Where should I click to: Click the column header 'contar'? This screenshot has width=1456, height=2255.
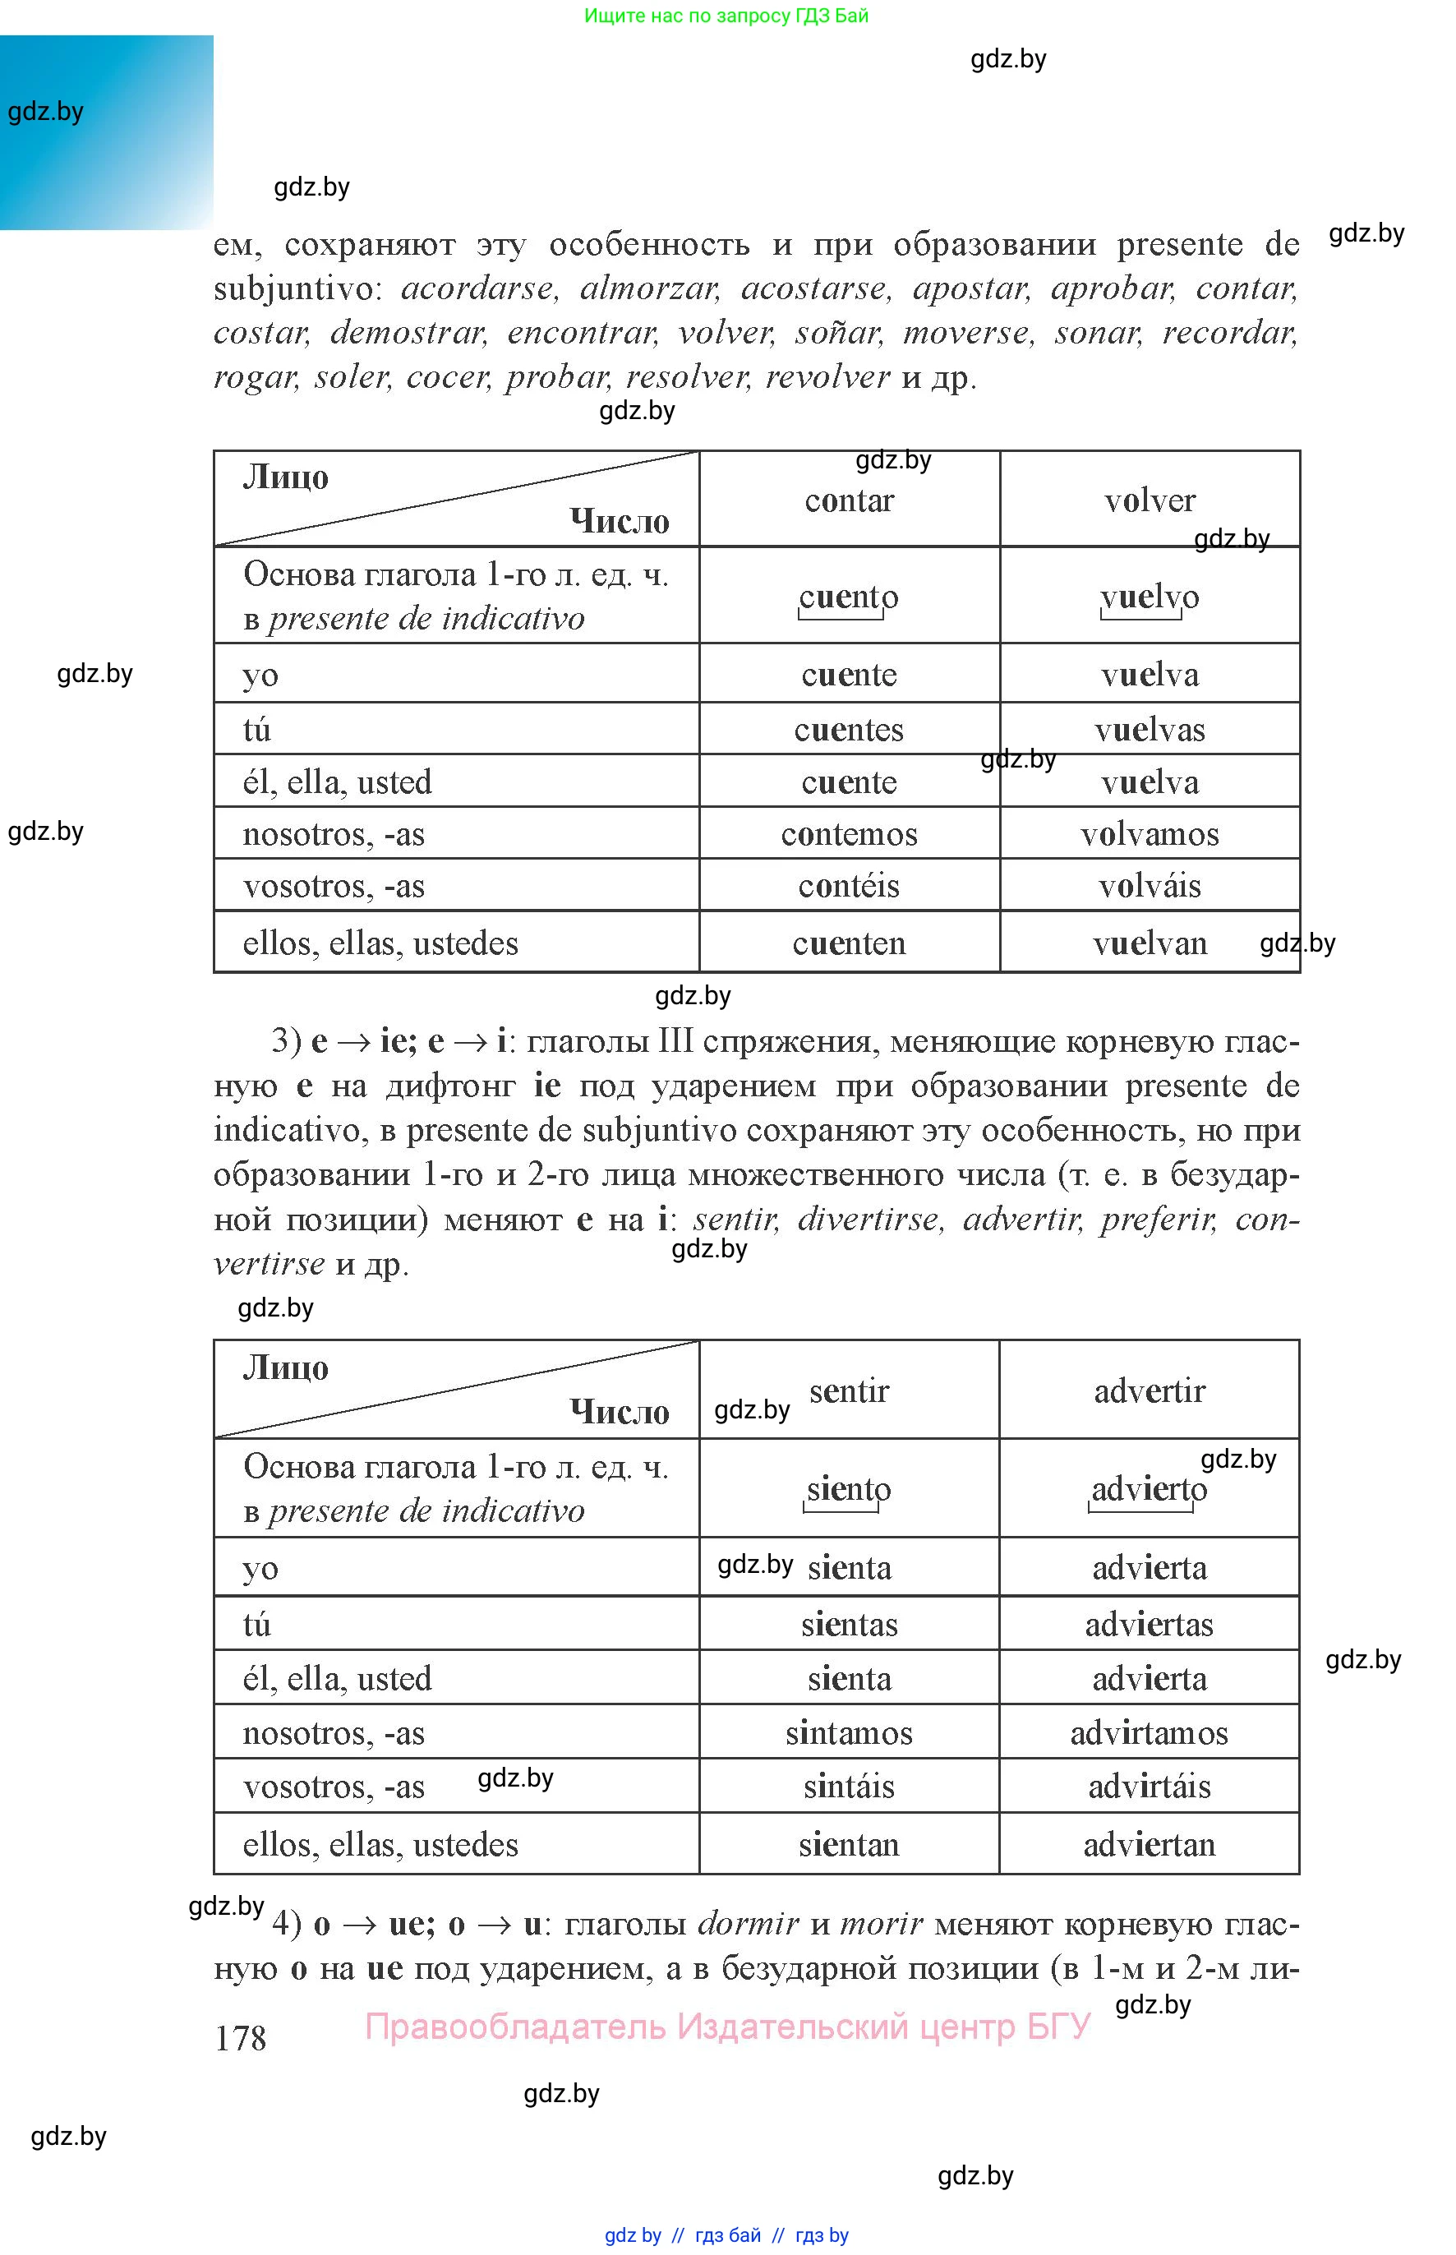[x=848, y=500]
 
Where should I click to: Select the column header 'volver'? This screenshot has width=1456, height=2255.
[x=1149, y=500]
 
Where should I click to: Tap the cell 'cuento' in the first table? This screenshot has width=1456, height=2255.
[x=848, y=597]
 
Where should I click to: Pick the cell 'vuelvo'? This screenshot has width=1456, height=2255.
[x=1149, y=597]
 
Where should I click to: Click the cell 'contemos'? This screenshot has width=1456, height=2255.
[x=848, y=834]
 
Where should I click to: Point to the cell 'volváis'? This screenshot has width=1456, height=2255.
[x=1149, y=886]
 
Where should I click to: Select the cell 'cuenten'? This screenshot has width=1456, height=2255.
[x=848, y=943]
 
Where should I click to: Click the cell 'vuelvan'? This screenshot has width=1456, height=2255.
[x=1149, y=943]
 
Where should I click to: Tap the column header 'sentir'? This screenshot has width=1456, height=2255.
[x=848, y=1390]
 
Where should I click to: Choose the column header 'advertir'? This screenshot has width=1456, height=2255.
[x=1149, y=1390]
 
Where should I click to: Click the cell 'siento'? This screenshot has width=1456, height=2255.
[x=848, y=1489]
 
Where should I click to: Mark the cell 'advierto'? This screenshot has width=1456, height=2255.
[x=1149, y=1489]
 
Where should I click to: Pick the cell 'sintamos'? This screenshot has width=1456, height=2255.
[x=848, y=1732]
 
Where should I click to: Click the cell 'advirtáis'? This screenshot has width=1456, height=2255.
[x=1149, y=1786]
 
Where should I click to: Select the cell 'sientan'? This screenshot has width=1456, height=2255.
[x=848, y=1844]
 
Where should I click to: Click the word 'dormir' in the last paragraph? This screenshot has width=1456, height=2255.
[x=748, y=1923]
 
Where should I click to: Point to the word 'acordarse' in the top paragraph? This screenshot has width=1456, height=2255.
[x=478, y=288]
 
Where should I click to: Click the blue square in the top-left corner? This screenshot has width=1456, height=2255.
[x=106, y=132]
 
